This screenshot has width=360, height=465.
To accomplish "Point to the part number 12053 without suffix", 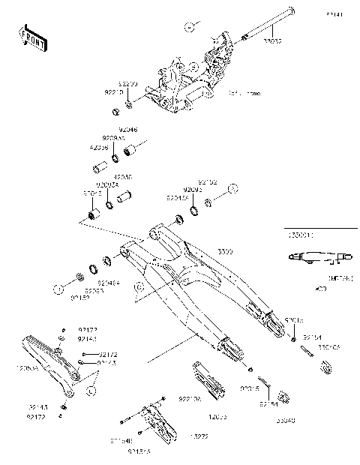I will tap(217, 414).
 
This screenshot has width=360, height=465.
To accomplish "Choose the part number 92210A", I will tap(190, 400).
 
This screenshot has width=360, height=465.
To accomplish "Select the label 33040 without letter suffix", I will tap(288, 421).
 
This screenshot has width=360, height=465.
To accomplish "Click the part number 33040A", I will tap(329, 348).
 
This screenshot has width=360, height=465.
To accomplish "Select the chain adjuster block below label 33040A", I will tap(326, 367).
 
